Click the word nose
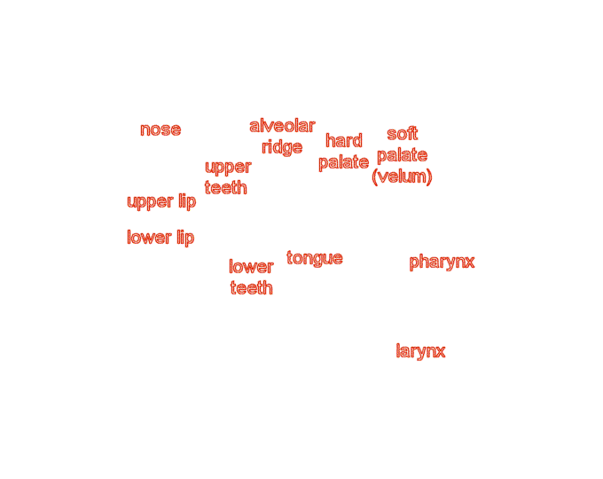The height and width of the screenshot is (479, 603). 161,130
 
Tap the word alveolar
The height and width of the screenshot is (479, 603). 282,126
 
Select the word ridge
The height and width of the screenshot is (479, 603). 282,147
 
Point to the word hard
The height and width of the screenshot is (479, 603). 343,140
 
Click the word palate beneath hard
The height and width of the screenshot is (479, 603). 343,162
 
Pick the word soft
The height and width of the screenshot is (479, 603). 402,134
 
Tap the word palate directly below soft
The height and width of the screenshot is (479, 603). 402,155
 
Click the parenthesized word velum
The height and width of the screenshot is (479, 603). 402,177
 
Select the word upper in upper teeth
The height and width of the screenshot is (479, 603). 228,167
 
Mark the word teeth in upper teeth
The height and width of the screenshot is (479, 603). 226,188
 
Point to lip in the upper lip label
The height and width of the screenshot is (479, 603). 186,201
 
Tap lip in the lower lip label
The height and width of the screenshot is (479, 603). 184,238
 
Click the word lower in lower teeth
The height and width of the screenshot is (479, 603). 251,267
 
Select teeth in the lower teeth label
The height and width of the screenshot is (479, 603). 251,288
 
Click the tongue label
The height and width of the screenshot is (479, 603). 315,258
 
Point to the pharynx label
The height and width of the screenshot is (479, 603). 442,263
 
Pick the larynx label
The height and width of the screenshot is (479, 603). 420,351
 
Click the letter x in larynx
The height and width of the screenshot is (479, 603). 440,352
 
